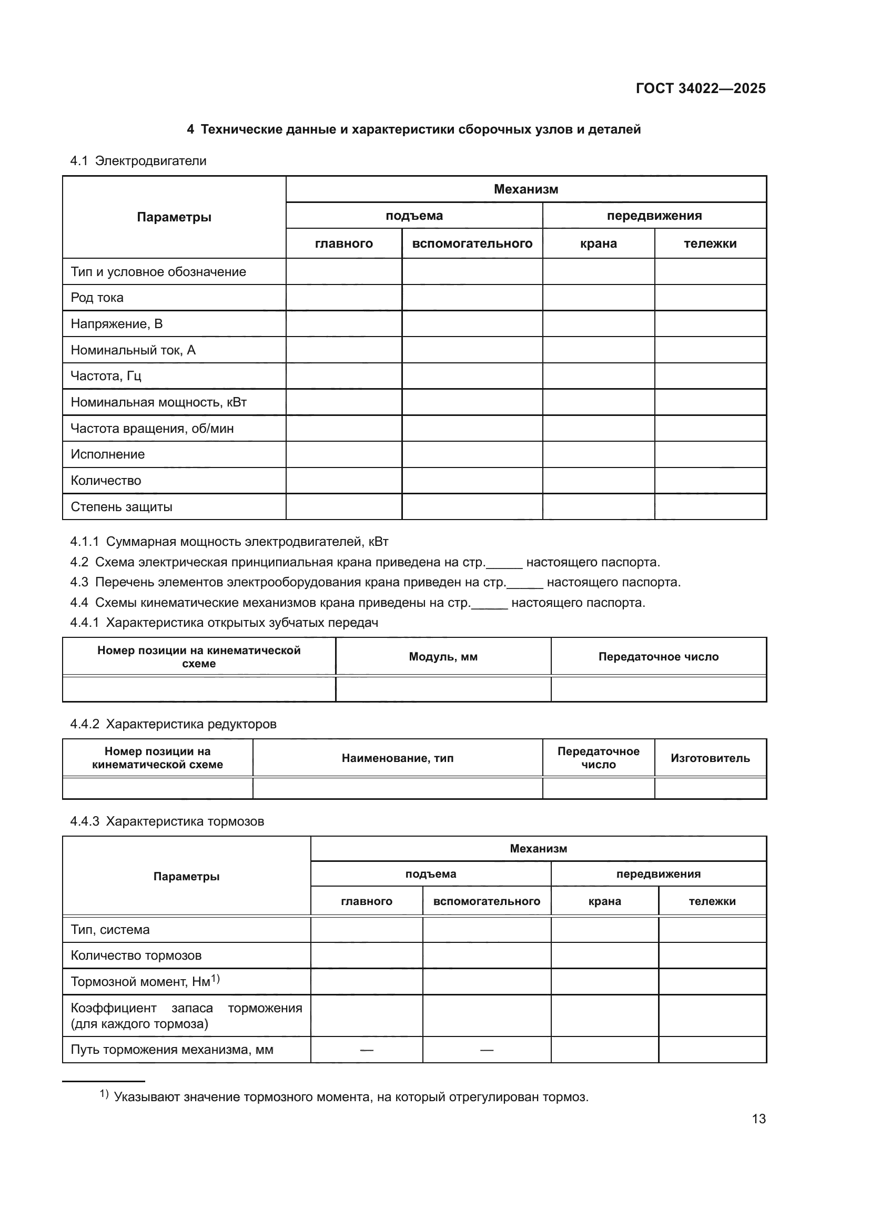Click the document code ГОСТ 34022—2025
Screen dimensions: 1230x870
coord(700,88)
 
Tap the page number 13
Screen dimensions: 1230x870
coord(758,1119)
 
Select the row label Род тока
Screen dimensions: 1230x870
coord(97,298)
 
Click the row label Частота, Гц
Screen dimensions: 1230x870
coord(106,375)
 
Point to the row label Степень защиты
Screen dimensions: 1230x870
coord(122,507)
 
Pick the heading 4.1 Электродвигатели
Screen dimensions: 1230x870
coord(138,161)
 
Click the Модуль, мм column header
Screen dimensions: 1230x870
coord(443,657)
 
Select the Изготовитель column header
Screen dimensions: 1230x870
coord(710,758)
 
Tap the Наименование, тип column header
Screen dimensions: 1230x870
coord(398,758)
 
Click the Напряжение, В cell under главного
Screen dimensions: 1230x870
coord(343,323)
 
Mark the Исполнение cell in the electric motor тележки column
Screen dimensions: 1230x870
coord(710,454)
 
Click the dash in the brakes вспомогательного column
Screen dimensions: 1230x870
coord(487,1050)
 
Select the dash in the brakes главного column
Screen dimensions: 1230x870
coord(367,1050)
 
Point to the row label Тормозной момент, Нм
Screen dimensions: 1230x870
coord(145,982)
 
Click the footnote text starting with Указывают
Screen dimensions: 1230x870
coord(351,1097)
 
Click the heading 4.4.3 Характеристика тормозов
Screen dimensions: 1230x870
coord(167,821)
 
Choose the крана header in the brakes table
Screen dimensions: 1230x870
coord(604,901)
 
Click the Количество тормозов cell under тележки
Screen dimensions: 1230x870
coord(712,955)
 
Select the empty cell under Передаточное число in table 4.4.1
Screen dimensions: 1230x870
coord(659,689)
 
